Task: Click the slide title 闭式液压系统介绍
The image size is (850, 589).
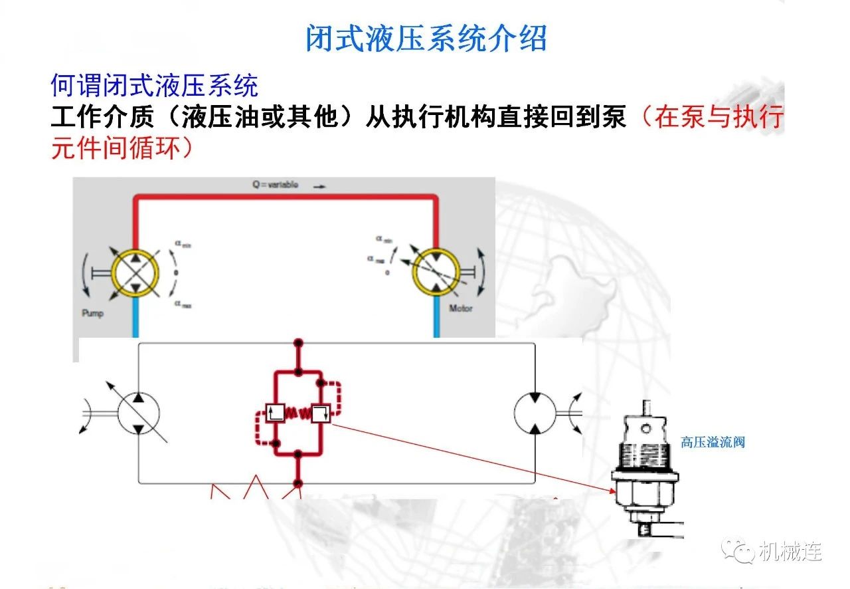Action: [x=426, y=38]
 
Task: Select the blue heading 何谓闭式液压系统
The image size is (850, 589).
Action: [x=154, y=86]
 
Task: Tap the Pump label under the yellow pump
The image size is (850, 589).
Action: [x=93, y=312]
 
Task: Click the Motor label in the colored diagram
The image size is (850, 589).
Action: [x=460, y=308]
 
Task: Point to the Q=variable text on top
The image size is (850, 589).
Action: [x=275, y=185]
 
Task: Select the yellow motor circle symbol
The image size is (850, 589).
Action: [x=436, y=271]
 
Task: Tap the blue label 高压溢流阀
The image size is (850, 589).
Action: [x=713, y=442]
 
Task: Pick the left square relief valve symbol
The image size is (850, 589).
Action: [x=275, y=413]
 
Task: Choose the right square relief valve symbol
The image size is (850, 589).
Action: [x=322, y=413]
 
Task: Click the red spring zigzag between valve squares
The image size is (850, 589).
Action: [x=299, y=413]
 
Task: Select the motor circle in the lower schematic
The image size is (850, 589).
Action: [x=535, y=413]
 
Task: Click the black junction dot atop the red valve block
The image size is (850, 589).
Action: [x=298, y=343]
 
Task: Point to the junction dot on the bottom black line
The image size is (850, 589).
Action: [x=298, y=483]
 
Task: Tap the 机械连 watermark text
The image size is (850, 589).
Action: [x=790, y=551]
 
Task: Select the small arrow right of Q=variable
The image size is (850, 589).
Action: [x=319, y=187]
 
